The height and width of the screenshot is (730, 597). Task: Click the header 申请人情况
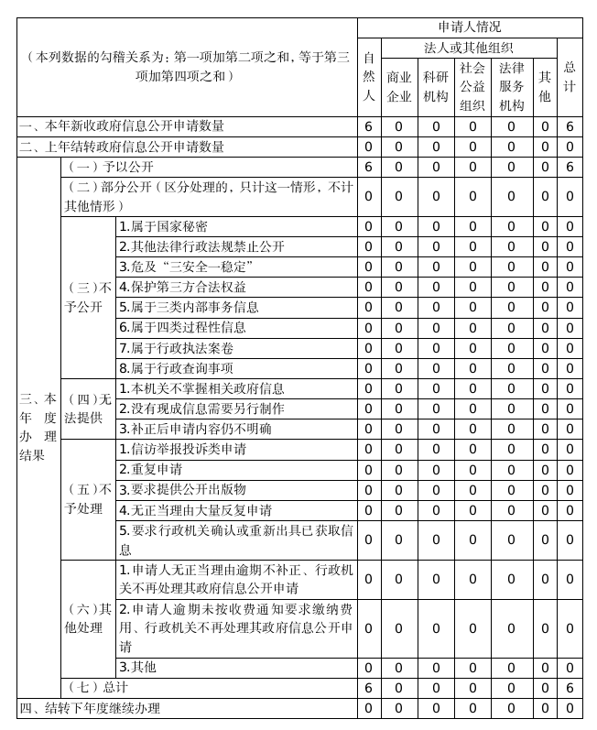pos(469,27)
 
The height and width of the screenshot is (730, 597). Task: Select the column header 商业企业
pos(398,87)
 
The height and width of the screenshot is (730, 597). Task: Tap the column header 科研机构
pos(436,87)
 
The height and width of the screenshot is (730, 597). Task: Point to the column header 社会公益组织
pos(472,86)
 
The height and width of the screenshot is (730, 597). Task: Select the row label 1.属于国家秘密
pos(163,226)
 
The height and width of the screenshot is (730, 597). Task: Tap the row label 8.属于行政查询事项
pos(175,368)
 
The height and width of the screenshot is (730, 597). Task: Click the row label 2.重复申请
pos(150,470)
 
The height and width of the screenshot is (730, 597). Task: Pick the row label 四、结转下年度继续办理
pos(90,708)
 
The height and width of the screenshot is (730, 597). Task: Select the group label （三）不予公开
pos(88,297)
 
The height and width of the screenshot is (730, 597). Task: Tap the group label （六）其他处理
pos(88,618)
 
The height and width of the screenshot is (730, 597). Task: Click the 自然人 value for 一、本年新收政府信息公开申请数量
pos(368,126)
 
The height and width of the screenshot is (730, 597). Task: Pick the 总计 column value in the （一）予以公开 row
pos(570,168)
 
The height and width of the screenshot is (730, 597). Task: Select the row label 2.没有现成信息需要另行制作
pos(201,409)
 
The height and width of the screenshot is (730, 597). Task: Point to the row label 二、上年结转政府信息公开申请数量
pos(122,147)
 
